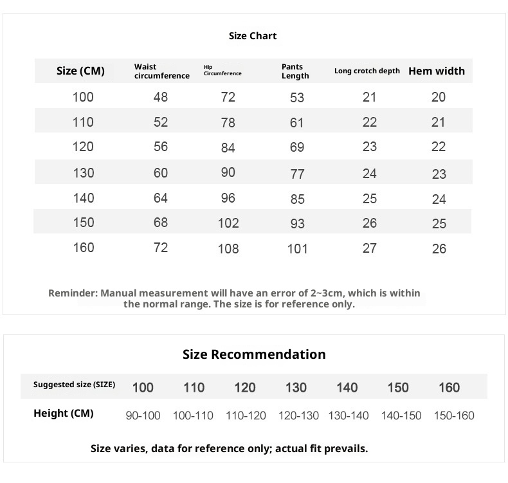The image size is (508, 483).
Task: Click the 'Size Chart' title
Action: coord(253,36)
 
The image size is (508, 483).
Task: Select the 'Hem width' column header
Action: coord(437,71)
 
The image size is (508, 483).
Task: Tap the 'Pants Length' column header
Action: coord(295,71)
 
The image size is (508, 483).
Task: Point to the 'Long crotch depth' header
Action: coord(367,71)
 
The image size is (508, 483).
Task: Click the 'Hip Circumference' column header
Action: coord(222,70)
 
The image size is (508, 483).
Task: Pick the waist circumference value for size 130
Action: coord(161,172)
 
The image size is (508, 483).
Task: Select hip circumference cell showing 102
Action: coord(228,223)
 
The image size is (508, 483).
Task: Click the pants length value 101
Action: coord(297,249)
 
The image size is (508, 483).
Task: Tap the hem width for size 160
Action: coord(439,249)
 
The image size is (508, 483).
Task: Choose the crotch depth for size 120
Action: coord(369,147)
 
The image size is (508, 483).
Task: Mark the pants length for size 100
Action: coord(297,98)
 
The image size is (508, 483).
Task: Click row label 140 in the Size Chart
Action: coord(84,198)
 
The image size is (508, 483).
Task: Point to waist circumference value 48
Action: coord(161,97)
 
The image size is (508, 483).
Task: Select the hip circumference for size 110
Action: coord(228,122)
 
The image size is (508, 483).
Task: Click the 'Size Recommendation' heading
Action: coord(254,354)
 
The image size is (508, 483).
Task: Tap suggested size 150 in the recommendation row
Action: coord(398,387)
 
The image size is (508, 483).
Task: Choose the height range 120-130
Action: coord(298,415)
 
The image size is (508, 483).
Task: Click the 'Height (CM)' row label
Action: coord(64,414)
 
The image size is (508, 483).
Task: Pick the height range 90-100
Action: coord(143,415)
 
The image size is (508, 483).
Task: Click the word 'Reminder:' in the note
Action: coord(73,293)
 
